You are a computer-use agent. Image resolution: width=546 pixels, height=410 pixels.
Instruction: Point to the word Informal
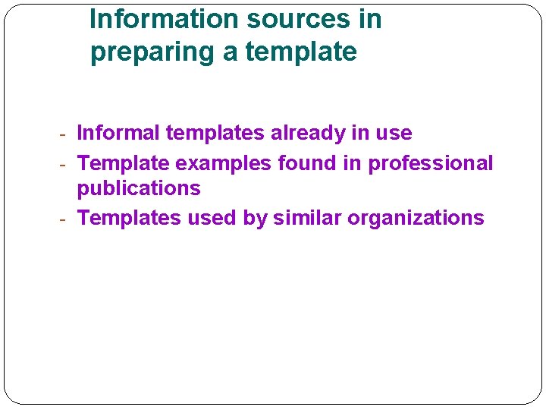coord(118,134)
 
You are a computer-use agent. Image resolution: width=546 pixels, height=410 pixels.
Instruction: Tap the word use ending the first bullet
coord(394,134)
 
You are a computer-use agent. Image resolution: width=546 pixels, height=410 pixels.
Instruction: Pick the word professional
coord(431,163)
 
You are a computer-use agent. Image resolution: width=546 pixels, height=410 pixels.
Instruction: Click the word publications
coord(139,188)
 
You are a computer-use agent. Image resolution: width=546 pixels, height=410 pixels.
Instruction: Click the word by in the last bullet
coord(254,218)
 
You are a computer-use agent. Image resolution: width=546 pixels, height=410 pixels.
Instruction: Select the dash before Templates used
coord(65,219)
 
